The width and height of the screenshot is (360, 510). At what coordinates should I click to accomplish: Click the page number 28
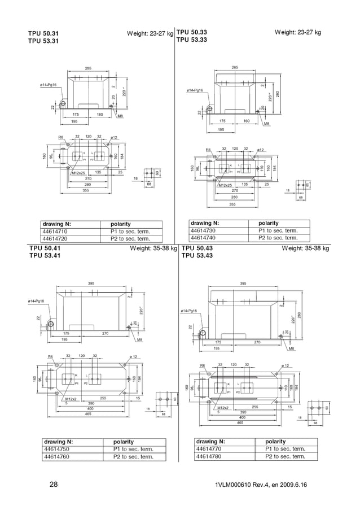tap(54, 485)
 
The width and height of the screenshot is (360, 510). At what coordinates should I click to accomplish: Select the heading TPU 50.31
tap(43, 34)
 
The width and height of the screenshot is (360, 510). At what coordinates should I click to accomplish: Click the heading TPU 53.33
tap(191, 40)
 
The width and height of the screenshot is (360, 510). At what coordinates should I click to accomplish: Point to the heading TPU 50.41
tap(45, 248)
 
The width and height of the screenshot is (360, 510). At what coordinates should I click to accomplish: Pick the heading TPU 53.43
tap(197, 256)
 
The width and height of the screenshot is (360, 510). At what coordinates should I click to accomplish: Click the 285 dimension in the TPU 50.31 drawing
tap(89, 68)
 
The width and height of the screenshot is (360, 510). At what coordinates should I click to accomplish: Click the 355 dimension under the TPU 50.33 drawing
tap(233, 203)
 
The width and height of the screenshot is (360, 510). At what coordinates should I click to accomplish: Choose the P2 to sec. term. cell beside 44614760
tap(133, 457)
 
